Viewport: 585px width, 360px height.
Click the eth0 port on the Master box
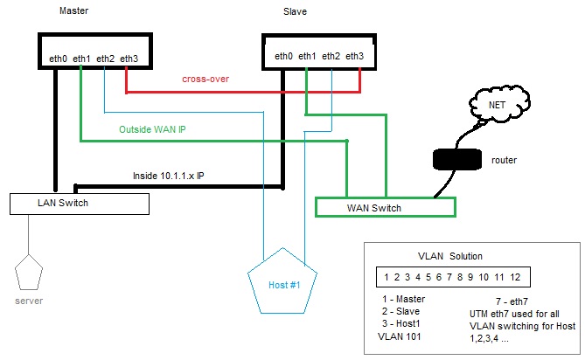[59, 58]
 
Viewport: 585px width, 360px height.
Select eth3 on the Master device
[129, 58]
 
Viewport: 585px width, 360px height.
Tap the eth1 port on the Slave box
[307, 57]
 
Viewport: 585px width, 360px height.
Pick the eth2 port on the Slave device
[331, 57]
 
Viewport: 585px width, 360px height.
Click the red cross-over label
[205, 79]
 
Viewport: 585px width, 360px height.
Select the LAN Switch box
[79, 204]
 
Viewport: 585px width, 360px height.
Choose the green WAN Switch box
[385, 208]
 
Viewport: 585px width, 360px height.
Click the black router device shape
[456, 160]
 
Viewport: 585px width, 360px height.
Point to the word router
[506, 161]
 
